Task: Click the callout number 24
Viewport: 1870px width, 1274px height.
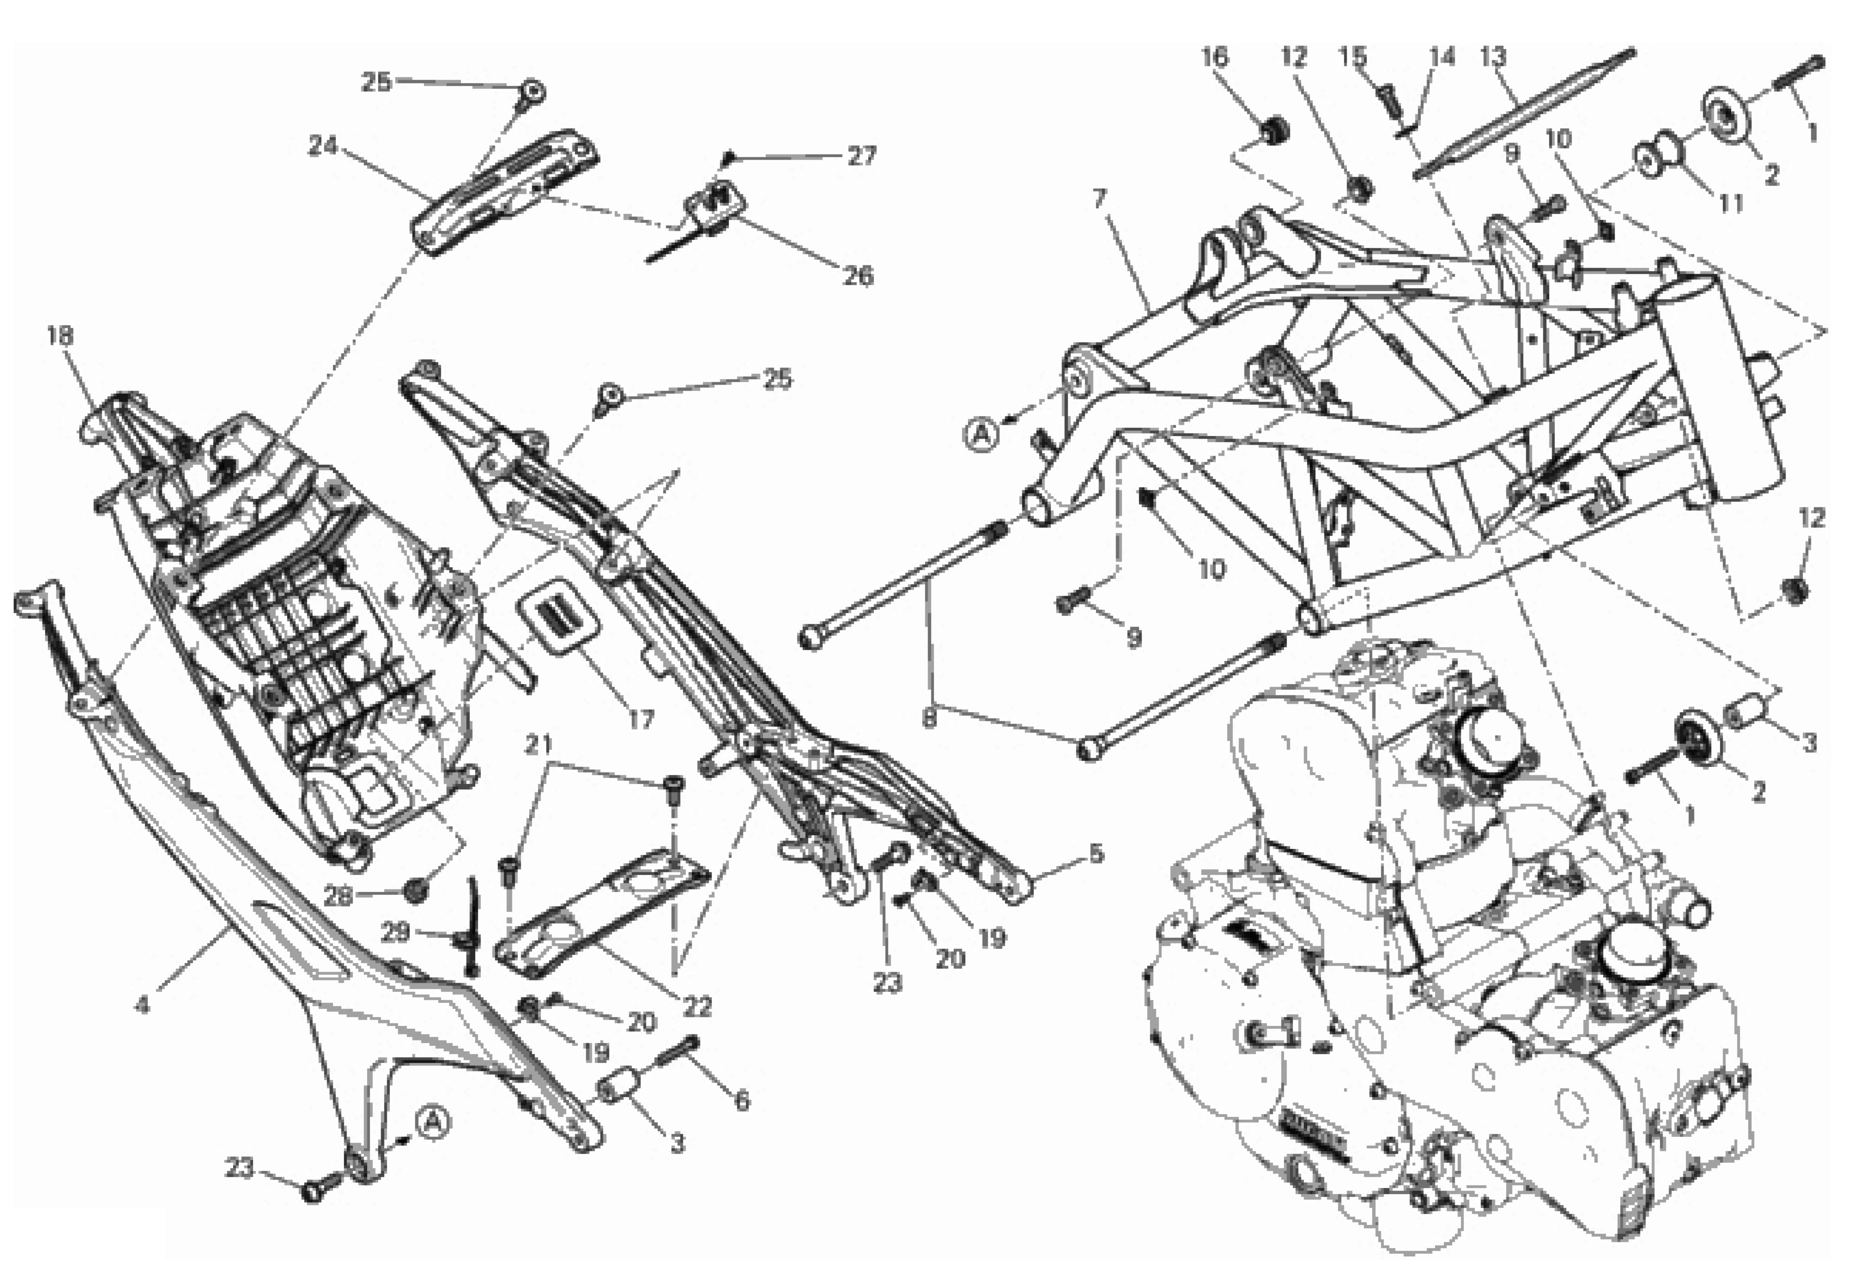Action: click(x=323, y=146)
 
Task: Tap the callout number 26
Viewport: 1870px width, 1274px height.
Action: click(x=858, y=276)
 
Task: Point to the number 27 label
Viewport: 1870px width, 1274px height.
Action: click(x=862, y=156)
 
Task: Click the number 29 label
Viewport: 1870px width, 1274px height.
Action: click(x=394, y=932)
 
